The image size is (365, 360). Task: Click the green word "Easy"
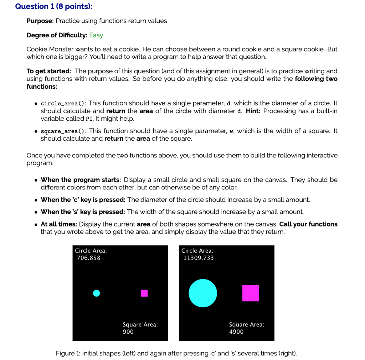click(x=96, y=35)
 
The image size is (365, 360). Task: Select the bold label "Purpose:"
click(x=40, y=21)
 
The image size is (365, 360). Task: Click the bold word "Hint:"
click(x=253, y=111)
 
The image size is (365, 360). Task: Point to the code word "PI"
click(x=90, y=119)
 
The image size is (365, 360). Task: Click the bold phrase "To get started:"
click(x=49, y=71)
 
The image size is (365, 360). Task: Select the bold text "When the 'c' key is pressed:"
click(x=83, y=200)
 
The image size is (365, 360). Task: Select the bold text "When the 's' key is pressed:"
click(x=83, y=212)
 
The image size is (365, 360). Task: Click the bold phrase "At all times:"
click(x=59, y=224)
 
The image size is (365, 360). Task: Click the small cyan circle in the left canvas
click(x=96, y=293)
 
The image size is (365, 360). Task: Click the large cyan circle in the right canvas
click(x=202, y=293)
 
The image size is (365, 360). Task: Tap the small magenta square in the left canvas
click(x=144, y=293)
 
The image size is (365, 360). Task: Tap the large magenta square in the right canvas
click(x=250, y=293)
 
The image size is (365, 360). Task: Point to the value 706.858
click(x=89, y=258)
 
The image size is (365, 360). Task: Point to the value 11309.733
click(x=199, y=258)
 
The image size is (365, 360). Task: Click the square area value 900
click(x=128, y=332)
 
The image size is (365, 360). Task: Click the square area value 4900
click(x=236, y=332)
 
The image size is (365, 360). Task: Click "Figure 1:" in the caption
click(x=68, y=354)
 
